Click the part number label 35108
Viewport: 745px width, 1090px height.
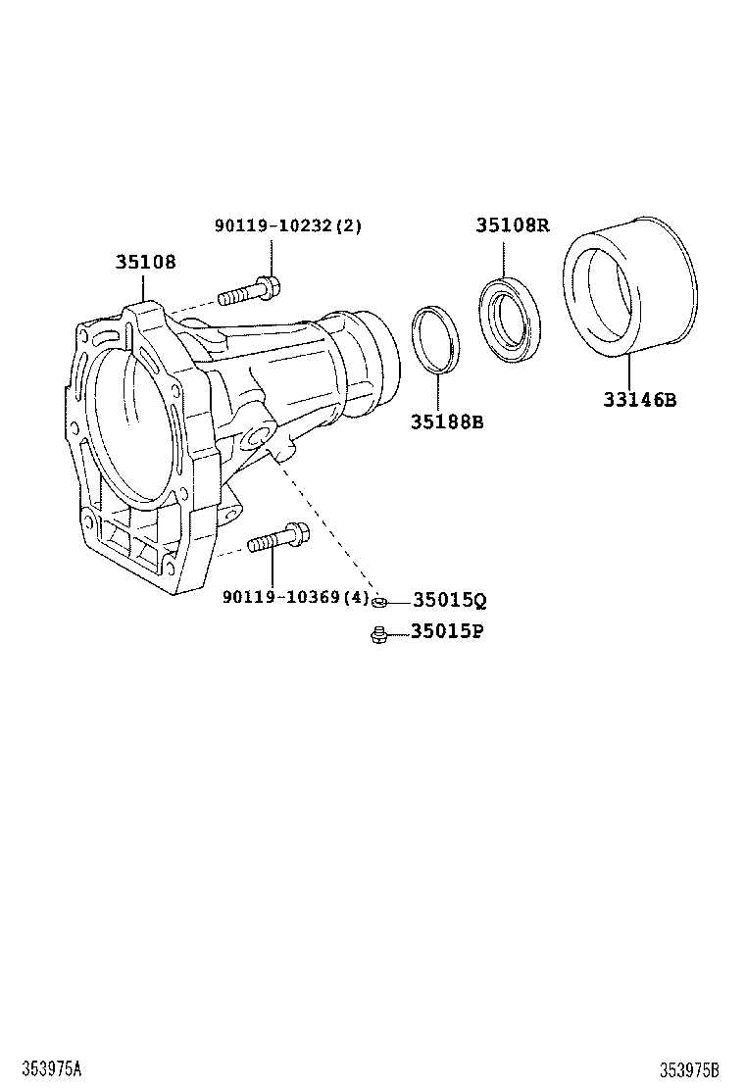(x=146, y=262)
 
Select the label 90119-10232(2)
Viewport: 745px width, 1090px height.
(x=288, y=225)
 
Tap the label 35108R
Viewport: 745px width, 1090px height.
(x=513, y=225)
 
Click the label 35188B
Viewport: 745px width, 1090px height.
(x=447, y=421)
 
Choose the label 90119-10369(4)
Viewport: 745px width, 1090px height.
(x=295, y=598)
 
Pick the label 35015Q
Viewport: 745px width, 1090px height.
(x=449, y=600)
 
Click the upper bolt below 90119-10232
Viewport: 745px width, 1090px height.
(x=250, y=291)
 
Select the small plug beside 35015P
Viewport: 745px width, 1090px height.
(x=377, y=635)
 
